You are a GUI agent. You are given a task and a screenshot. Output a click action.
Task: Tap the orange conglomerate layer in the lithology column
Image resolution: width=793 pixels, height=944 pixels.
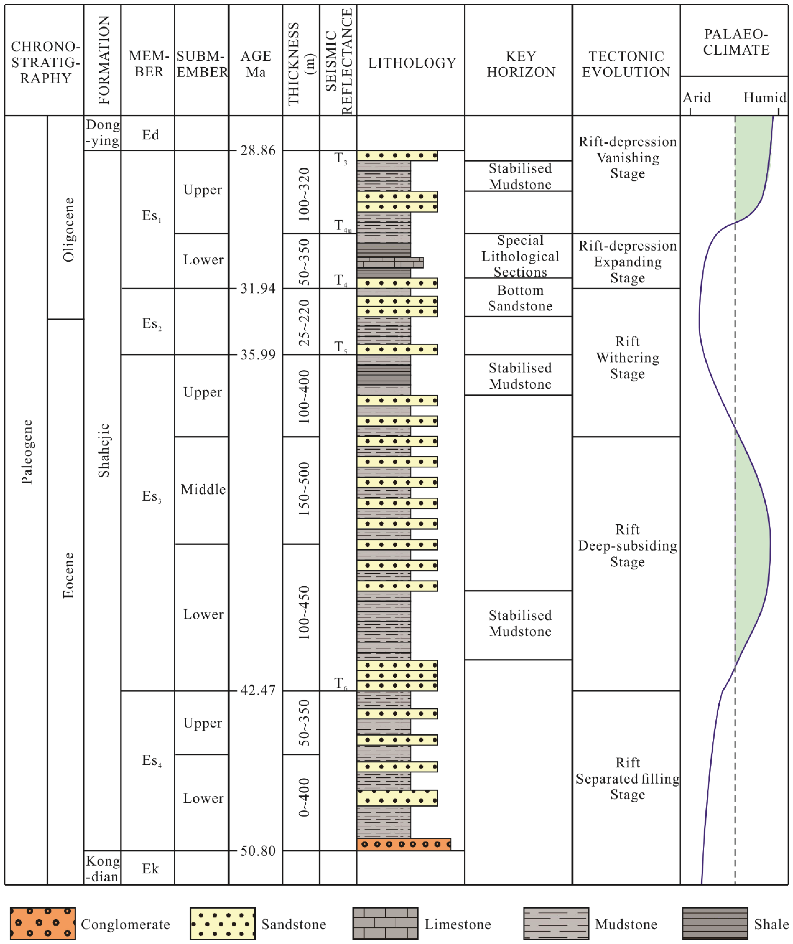(x=404, y=844)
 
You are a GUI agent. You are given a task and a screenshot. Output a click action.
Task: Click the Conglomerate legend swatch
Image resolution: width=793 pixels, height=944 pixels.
(x=43, y=924)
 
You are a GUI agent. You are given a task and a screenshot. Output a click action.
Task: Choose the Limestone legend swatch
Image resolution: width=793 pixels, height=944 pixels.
(x=385, y=924)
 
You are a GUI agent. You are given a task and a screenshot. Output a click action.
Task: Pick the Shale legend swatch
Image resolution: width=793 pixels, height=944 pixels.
(x=715, y=924)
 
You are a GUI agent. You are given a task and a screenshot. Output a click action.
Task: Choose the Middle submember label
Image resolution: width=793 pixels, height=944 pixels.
(x=203, y=489)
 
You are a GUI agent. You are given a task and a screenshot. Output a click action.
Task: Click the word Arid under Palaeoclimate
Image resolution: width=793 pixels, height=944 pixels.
(x=696, y=98)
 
